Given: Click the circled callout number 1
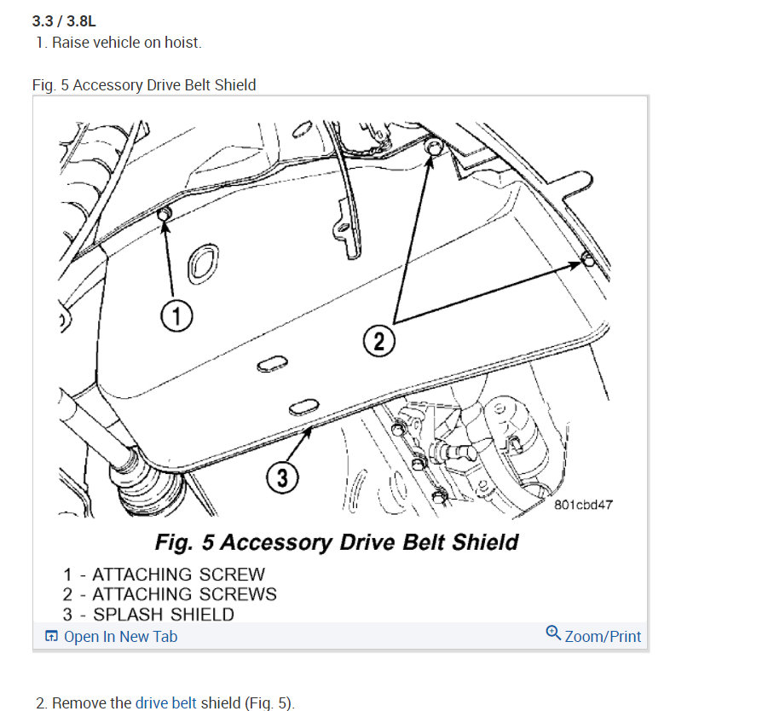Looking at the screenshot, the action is tap(176, 315).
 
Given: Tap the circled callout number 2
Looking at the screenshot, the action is tap(379, 341).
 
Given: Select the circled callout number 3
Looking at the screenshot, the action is tap(282, 477).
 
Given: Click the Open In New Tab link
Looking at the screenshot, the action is tap(120, 637).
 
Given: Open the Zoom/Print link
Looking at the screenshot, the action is tap(603, 637).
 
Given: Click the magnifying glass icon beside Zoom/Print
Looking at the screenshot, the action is tap(553, 633).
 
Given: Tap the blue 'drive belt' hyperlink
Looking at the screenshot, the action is tap(166, 702).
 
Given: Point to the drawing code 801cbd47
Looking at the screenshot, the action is tap(583, 505).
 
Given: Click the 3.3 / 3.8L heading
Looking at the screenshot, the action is tap(64, 21).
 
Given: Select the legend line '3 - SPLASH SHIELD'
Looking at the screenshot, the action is tap(148, 614).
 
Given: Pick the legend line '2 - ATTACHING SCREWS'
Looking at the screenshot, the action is tap(170, 594).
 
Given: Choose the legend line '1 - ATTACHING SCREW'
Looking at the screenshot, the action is tap(164, 575).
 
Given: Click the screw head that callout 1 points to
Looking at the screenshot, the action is tap(165, 215).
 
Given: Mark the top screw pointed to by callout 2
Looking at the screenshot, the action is tap(433, 147).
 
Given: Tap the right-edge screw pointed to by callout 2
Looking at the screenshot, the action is tap(588, 258).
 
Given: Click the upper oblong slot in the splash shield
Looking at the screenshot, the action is tap(273, 364).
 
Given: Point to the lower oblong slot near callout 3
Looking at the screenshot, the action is tap(303, 408).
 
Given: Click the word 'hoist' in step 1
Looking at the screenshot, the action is tap(182, 43).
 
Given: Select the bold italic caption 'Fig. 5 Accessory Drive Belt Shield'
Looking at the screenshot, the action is tap(337, 542).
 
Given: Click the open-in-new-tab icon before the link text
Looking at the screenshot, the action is tap(51, 635).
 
